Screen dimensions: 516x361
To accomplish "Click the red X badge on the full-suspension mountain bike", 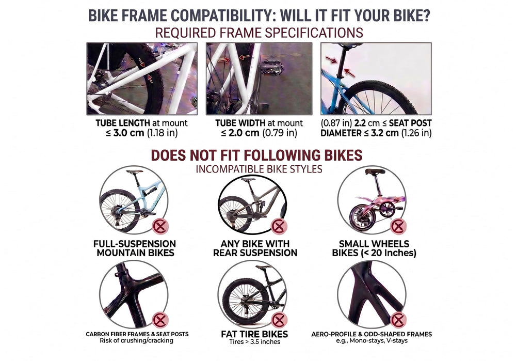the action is pos(160,227).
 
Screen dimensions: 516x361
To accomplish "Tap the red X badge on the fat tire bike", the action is pos(279,320).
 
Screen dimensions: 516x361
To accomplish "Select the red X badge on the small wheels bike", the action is pos(398,226).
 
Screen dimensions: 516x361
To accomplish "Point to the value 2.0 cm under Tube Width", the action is pos(244,133).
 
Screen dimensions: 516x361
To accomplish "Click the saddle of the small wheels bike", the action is pos(375,171).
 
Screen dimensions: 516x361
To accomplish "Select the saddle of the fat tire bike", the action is pos(263,267).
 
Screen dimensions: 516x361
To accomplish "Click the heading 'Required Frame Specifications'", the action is pos(259,33).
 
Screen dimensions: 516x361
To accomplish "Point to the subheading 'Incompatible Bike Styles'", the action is pos(259,169).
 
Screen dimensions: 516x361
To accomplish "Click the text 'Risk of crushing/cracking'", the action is pos(137,340).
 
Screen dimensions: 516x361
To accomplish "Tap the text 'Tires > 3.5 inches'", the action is pos(255,342).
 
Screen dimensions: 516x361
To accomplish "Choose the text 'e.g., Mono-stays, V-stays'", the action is pos(372,341).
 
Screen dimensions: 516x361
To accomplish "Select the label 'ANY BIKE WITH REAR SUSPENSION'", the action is pos(255,248).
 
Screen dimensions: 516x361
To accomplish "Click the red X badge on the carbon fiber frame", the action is pos(160,320).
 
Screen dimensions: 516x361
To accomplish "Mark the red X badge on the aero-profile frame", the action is pos(398,320).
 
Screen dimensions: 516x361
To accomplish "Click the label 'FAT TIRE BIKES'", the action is pos(254,334).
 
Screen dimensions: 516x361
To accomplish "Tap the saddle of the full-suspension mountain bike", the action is pos(135,171).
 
